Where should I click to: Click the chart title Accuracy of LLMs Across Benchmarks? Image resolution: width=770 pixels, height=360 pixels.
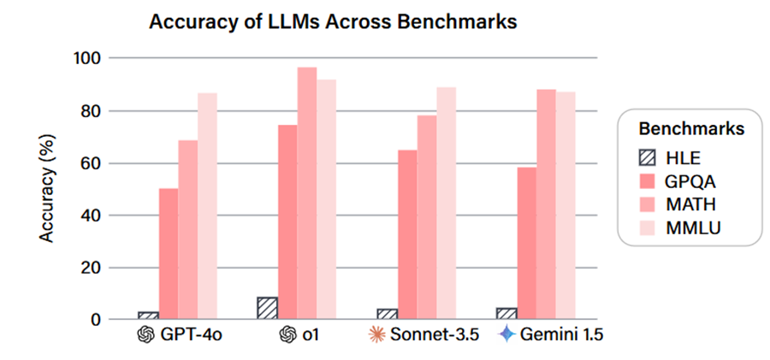334,23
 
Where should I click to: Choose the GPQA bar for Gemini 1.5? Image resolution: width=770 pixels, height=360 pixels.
527,243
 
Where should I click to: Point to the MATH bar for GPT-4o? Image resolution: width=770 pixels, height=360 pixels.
188,230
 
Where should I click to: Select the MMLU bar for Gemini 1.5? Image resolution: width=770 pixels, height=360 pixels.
566,205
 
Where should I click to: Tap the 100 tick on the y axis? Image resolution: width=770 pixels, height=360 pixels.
90,58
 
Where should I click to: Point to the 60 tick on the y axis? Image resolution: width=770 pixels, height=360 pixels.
94,163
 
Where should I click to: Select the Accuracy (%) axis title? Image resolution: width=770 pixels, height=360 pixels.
50,189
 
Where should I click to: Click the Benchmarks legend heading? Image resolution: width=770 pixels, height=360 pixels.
690,129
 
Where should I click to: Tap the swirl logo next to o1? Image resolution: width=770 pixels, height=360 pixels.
287,334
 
